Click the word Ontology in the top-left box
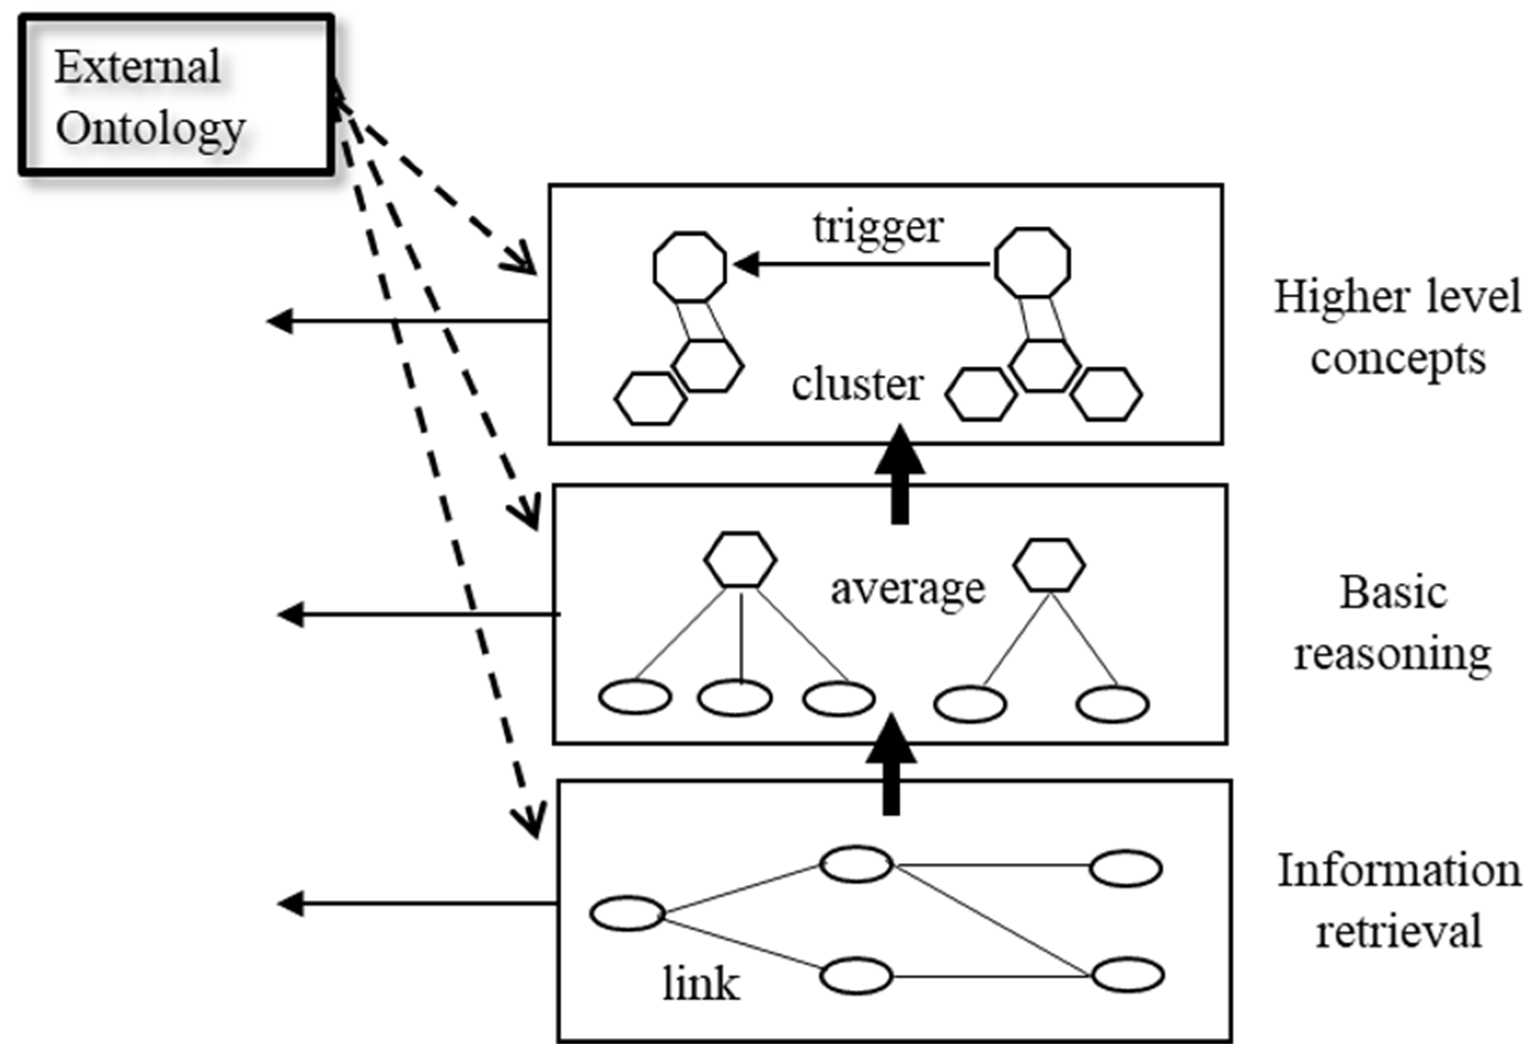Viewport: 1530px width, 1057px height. (x=150, y=129)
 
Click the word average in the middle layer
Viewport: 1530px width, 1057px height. (x=908, y=589)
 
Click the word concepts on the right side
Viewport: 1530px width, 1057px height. (x=1398, y=359)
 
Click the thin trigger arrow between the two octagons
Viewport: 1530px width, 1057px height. (x=861, y=265)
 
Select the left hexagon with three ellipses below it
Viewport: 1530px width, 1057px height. (x=740, y=560)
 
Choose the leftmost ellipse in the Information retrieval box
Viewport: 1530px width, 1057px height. (x=627, y=914)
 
